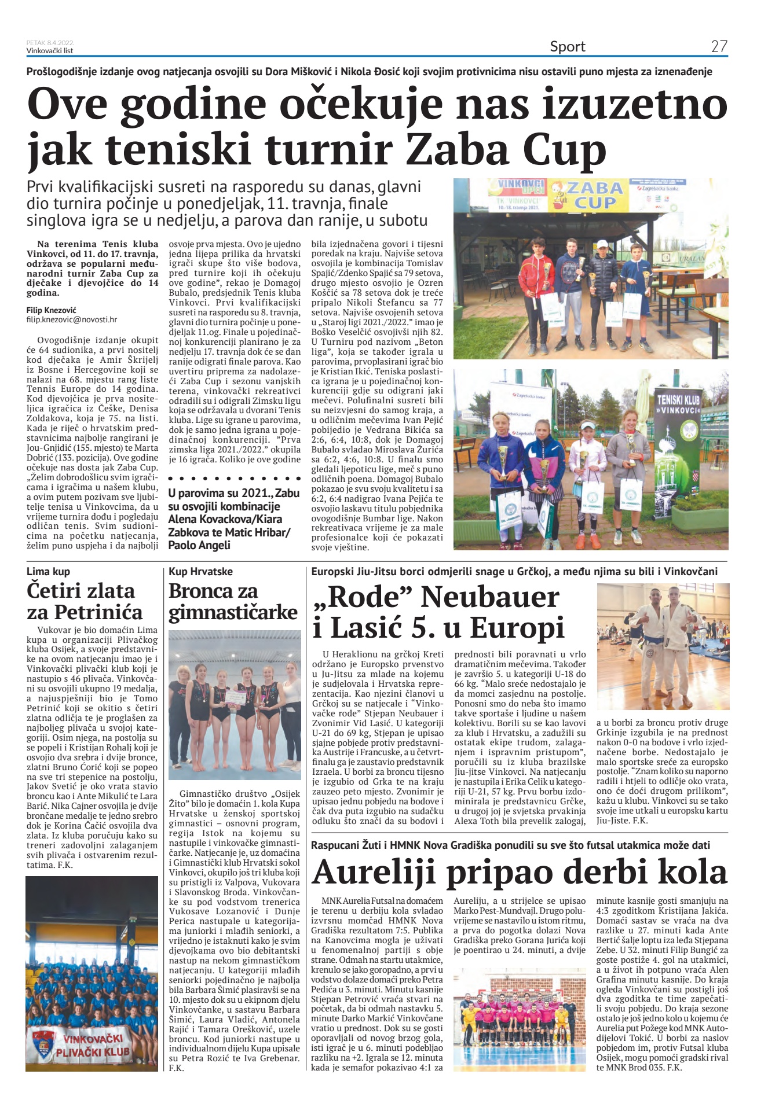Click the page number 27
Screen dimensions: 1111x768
pos(719,47)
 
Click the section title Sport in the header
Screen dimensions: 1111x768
pos(567,47)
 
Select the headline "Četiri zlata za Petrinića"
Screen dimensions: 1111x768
pos(85,601)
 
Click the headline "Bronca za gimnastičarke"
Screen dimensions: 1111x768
pos(233,601)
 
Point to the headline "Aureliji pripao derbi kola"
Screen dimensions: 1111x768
pos(519,872)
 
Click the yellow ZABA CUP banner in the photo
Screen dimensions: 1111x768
pos(594,196)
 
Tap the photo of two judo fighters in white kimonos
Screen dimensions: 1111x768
pos(662,646)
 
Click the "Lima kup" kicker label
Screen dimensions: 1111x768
pos(48,572)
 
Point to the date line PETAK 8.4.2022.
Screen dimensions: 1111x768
pos(50,43)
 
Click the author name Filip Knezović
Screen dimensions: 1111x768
pos(51,310)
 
